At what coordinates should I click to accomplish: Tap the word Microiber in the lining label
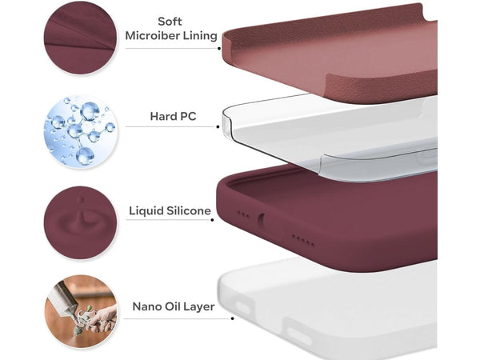click(150, 36)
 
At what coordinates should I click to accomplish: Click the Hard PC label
click(173, 117)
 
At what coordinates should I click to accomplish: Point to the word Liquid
click(148, 211)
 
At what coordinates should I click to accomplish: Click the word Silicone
click(189, 211)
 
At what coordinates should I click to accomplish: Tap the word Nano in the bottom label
click(146, 306)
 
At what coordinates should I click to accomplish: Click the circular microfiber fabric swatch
click(79, 38)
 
